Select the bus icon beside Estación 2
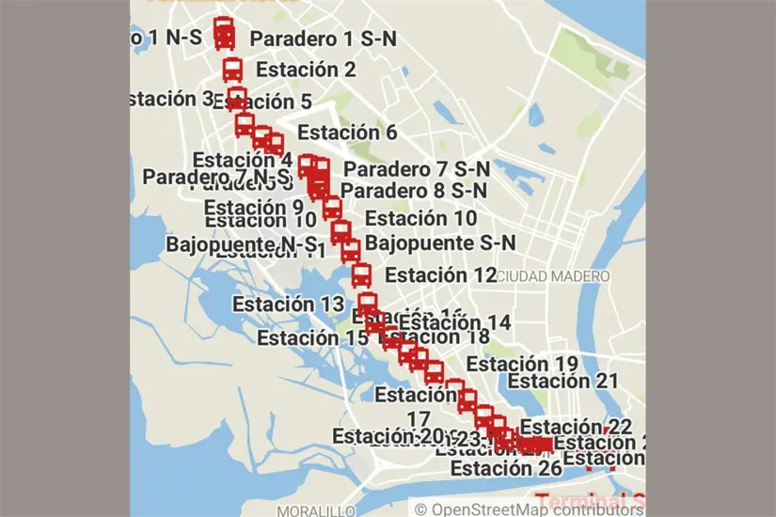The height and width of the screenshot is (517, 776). coord(232,70)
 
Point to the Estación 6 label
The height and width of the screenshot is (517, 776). coord(347,133)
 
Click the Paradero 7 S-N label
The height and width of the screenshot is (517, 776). coord(417,169)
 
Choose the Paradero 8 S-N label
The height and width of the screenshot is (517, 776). coord(414,190)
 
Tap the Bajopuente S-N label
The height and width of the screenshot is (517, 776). coord(440,243)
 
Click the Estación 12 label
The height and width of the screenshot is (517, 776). coord(440,275)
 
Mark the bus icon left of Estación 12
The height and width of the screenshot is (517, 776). coord(362,275)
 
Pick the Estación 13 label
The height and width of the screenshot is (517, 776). coord(289,304)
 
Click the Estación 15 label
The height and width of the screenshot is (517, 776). coord(312,337)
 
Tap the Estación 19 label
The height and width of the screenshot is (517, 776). coord(522,364)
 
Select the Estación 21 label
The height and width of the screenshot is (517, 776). coord(562,381)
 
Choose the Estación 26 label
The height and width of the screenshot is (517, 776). coord(506,468)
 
